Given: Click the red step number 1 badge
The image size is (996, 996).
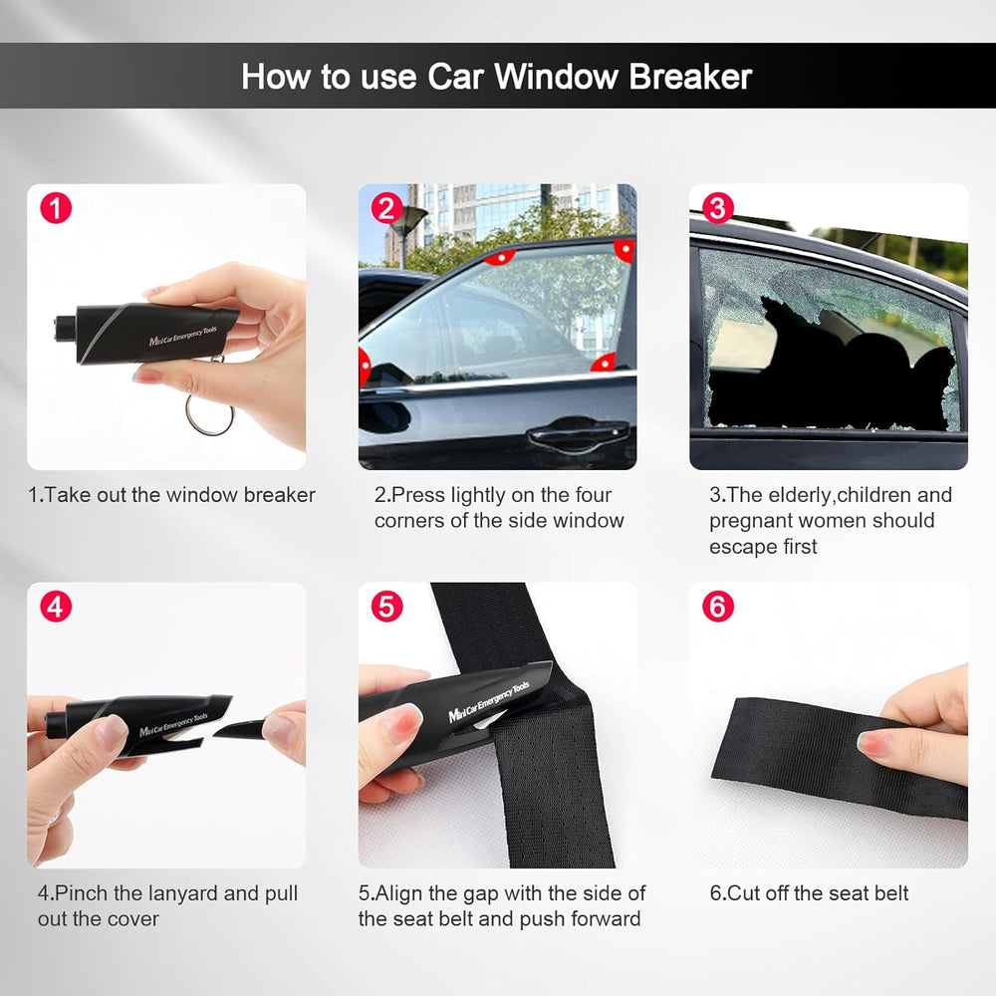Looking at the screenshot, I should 56,209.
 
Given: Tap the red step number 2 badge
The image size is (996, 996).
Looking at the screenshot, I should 386,209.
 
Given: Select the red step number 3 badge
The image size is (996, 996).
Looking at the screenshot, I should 717,209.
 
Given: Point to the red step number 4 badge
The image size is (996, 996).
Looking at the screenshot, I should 56,607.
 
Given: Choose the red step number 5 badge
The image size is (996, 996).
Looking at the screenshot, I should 386,607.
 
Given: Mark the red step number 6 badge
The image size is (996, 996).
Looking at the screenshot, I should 717,607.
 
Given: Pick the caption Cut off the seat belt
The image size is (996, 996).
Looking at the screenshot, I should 809,893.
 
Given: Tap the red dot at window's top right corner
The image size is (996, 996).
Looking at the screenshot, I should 625,249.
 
